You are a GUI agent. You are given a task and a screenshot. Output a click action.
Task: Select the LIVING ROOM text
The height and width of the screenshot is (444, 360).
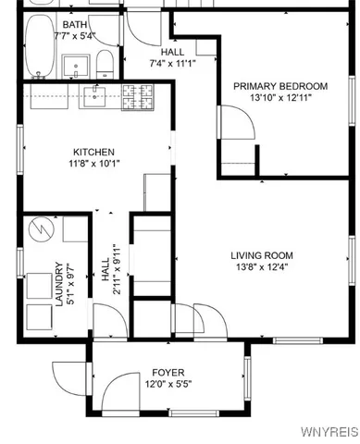[262, 255]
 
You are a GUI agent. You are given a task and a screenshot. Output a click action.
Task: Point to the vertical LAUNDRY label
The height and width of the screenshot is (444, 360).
[59, 283]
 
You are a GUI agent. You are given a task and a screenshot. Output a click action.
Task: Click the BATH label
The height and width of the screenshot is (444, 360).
[75, 24]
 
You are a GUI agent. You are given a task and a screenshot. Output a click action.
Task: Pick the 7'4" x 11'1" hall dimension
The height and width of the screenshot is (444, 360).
[172, 64]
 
